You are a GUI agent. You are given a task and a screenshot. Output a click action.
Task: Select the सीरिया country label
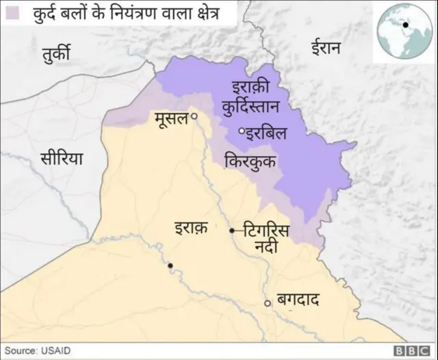(x=61, y=158)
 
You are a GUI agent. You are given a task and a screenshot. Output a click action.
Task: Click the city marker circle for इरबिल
(x=241, y=131)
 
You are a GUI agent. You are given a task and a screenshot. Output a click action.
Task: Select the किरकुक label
(x=250, y=162)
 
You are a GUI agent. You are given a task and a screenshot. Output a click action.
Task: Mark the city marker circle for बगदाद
(x=268, y=303)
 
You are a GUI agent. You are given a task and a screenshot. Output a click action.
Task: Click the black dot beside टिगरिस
(x=231, y=231)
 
